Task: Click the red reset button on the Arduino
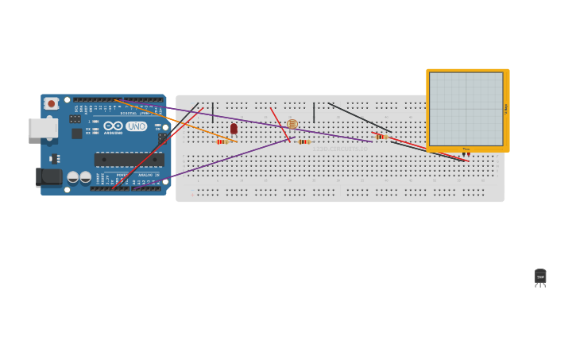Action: pyautogui.click(x=52, y=103)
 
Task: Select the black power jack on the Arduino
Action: pyautogui.click(x=48, y=177)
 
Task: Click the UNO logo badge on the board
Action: pyautogui.click(x=136, y=126)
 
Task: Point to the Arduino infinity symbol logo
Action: pyautogui.click(x=113, y=126)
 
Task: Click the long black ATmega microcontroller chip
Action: pyautogui.click(x=129, y=160)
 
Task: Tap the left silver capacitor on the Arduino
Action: pyautogui.click(x=72, y=177)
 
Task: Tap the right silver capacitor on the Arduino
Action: pyautogui.click(x=85, y=177)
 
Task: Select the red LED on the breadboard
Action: pyautogui.click(x=234, y=128)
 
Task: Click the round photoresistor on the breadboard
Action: pyautogui.click(x=292, y=124)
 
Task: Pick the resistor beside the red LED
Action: pyautogui.click(x=222, y=141)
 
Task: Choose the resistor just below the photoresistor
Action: pyautogui.click(x=303, y=141)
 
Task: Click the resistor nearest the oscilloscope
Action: pyautogui.click(x=381, y=137)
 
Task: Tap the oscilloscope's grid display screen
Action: pyautogui.click(x=466, y=109)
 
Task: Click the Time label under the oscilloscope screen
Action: pyautogui.click(x=466, y=149)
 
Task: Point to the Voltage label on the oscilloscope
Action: pyautogui.click(x=506, y=109)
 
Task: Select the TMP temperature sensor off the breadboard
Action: pyautogui.click(x=540, y=277)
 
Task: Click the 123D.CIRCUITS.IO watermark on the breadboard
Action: pyautogui.click(x=340, y=149)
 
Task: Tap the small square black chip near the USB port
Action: pyautogui.click(x=77, y=134)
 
